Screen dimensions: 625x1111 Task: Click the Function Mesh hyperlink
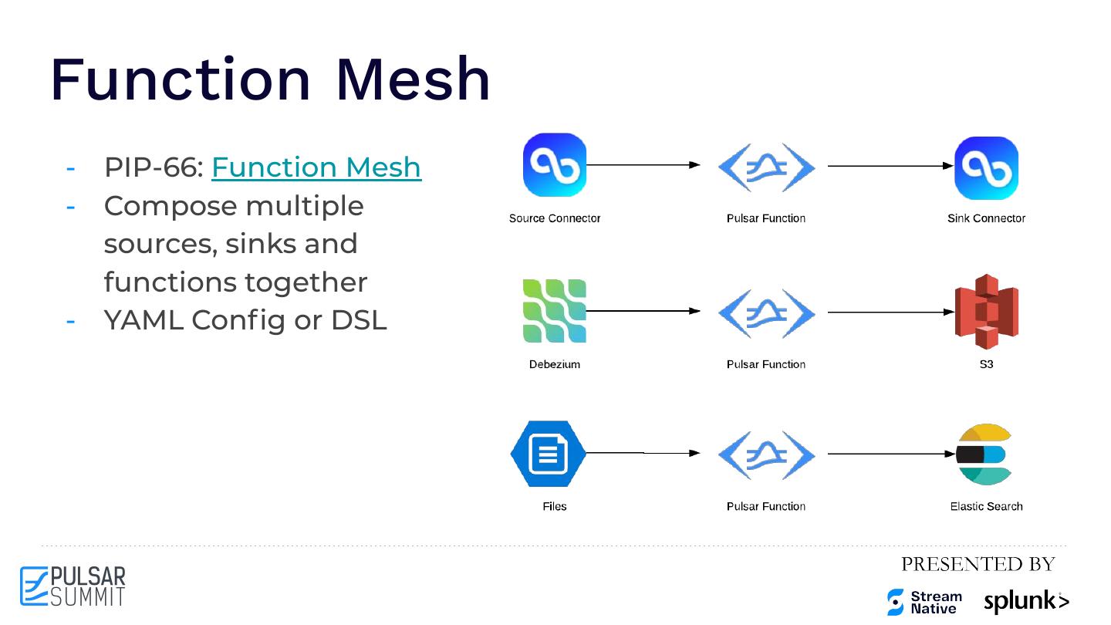pos(316,167)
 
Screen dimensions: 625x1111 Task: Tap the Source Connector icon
pos(555,165)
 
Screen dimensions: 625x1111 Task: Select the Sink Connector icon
pos(986,168)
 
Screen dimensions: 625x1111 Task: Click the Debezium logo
pos(555,311)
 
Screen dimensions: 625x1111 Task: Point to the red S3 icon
pos(986,312)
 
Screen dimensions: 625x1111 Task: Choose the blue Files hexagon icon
pos(549,454)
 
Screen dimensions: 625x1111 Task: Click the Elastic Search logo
pos(984,454)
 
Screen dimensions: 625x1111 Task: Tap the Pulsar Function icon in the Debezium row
pos(766,312)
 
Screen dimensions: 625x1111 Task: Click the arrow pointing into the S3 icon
pos(891,312)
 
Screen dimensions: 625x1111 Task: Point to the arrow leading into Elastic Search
pos(891,454)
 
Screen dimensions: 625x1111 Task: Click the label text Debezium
pos(555,364)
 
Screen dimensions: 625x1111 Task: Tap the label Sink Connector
pos(986,218)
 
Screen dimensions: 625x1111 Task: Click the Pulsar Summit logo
pos(73,586)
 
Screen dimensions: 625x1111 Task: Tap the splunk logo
pos(1026,601)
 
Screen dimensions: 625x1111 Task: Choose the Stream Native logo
pos(924,602)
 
